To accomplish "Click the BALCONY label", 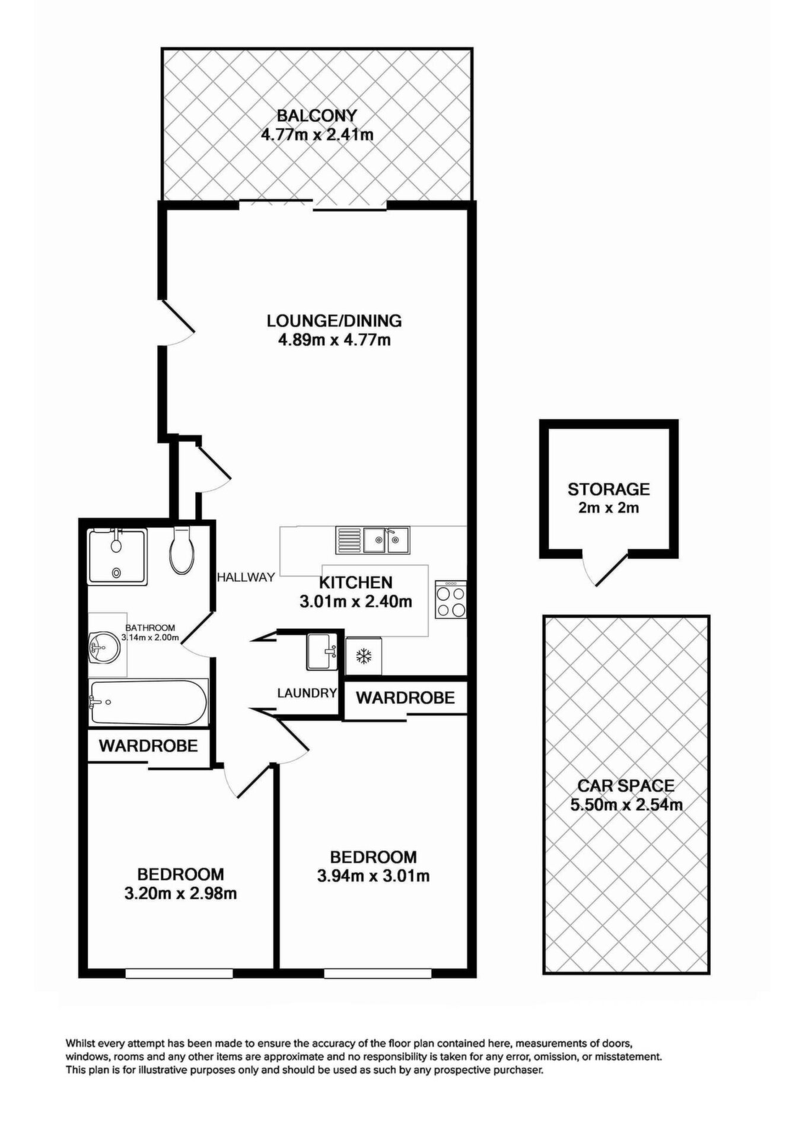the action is tap(317, 115).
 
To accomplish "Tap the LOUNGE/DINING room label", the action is tap(334, 321).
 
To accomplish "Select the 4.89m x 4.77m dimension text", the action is tap(334, 341).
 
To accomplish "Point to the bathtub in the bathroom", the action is tap(148, 702).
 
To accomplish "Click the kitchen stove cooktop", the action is tap(451, 599).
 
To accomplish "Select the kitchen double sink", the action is tap(372, 539).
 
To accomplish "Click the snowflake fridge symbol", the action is tap(363, 656).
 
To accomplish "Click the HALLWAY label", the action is tap(246, 577).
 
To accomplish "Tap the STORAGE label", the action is tap(609, 489).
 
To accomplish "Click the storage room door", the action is tap(605, 568).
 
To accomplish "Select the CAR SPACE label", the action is tap(626, 786).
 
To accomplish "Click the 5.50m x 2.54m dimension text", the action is tap(626, 805).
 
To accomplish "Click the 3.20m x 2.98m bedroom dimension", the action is tap(180, 893).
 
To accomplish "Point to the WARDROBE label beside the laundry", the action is tap(405, 698).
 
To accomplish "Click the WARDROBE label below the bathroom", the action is tap(148, 746).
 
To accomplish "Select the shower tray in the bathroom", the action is tap(117, 557).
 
